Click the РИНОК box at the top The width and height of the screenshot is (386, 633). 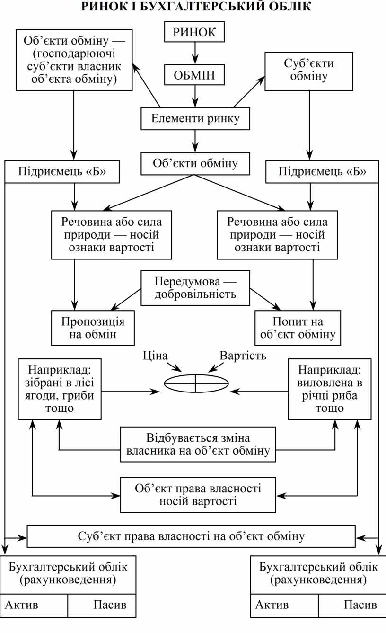pyautogui.click(x=194, y=32)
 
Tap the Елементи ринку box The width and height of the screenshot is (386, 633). pyautogui.click(x=195, y=118)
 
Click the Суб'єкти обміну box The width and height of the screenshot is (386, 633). pyautogui.click(x=309, y=71)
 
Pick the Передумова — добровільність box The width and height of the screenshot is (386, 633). pyautogui.click(x=195, y=287)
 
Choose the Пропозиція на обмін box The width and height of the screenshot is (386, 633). pyautogui.click(x=93, y=328)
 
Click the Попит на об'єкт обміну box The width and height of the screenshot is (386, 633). pyautogui.click(x=298, y=328)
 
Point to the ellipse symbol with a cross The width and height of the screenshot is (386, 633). pyautogui.click(x=195, y=383)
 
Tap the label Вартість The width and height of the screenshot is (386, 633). pyautogui.click(x=243, y=355)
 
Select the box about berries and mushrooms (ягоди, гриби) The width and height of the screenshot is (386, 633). pyautogui.click(x=60, y=389)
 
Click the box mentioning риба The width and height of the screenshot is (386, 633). pyautogui.click(x=330, y=389)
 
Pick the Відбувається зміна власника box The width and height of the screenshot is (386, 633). pyautogui.click(x=198, y=444)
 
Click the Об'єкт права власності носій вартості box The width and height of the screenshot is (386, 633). pyautogui.click(x=198, y=495)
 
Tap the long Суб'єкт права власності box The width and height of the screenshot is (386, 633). pyautogui.click(x=191, y=536)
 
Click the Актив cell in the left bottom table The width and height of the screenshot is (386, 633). pyautogui.click(x=34, y=605)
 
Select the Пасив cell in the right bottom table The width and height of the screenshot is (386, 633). pyautogui.click(x=351, y=605)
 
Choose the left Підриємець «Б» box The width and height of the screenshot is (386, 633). pyautogui.click(x=62, y=172)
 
